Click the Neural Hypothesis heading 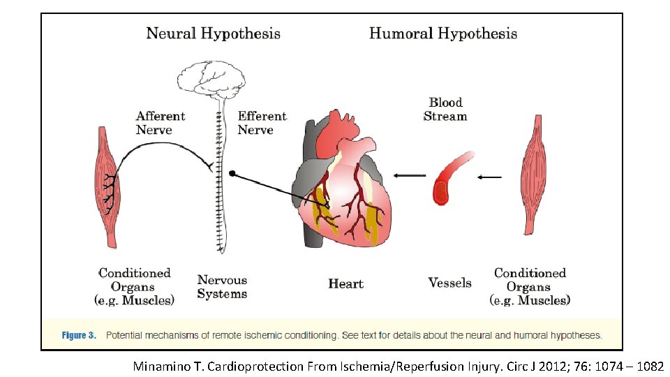(213, 34)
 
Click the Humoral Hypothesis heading (443, 34)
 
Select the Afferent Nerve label (161, 123)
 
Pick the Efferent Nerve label (262, 123)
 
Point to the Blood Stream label (445, 110)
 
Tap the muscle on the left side (106, 185)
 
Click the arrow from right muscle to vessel (489, 177)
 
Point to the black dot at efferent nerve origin (232, 173)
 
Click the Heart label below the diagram (345, 283)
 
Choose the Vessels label (449, 283)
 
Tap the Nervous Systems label (222, 287)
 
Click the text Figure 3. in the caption (79, 335)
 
